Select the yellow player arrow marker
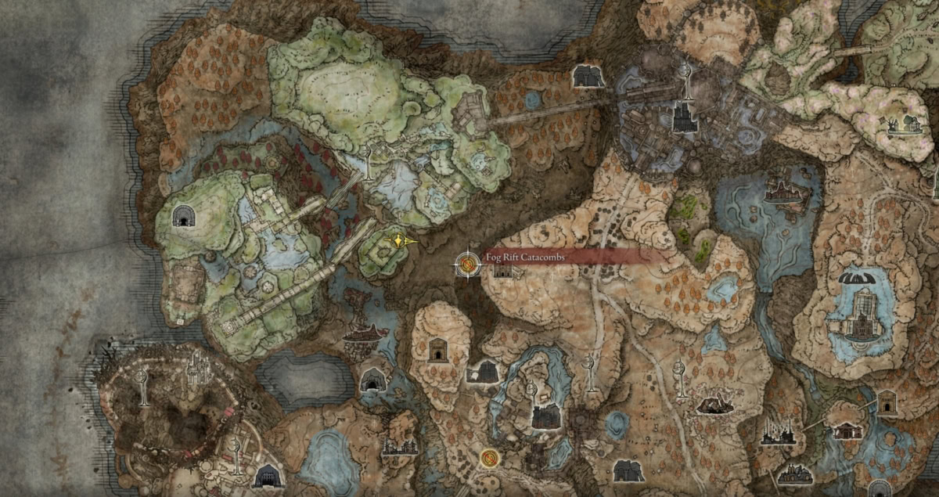click(401, 242)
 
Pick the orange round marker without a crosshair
click(490, 456)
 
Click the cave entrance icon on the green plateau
click(184, 216)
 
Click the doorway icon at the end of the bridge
click(886, 402)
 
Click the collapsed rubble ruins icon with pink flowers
click(714, 404)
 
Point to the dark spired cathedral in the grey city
click(685, 117)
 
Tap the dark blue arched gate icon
click(268, 475)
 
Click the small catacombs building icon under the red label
click(502, 271)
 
